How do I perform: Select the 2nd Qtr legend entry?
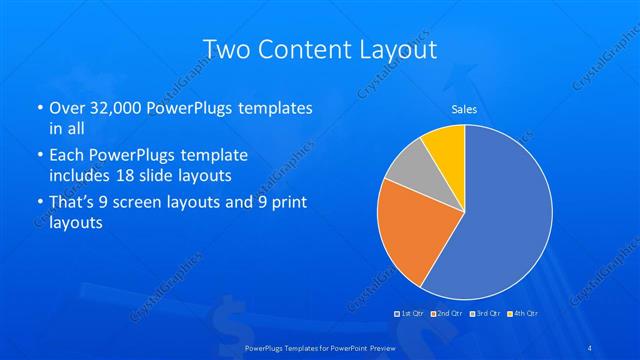[x=448, y=313]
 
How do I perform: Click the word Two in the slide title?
[x=225, y=49]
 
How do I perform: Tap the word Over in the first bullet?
[x=66, y=107]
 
